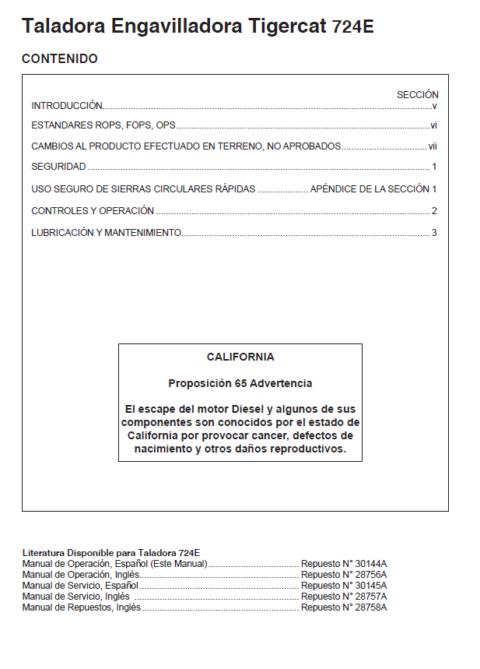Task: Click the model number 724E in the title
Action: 353,27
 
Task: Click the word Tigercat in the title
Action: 288,26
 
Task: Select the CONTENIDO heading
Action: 60,59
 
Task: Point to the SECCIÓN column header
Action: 418,95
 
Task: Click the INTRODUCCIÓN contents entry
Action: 67,105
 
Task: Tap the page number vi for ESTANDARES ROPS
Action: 434,125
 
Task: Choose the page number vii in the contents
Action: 433,146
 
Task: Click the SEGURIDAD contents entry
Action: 58,167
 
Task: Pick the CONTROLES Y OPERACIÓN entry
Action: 93,211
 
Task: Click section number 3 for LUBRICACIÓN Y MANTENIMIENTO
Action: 434,232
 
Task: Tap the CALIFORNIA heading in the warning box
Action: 240,357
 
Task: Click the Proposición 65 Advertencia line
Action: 240,383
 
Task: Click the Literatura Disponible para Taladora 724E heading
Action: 111,553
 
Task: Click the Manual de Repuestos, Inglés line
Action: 82,607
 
